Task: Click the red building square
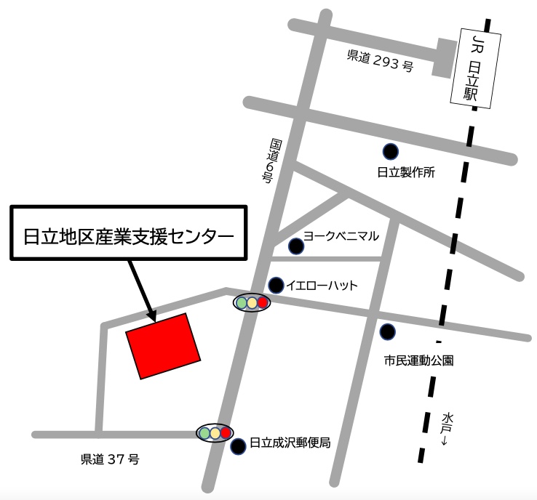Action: tap(163, 346)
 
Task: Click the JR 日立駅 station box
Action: tap(475, 67)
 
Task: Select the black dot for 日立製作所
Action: tap(391, 152)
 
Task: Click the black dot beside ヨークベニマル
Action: tap(295, 246)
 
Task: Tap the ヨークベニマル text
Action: tap(342, 235)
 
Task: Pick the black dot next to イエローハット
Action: tap(277, 285)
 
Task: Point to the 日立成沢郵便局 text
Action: tap(290, 442)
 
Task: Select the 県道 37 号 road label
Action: tap(109, 459)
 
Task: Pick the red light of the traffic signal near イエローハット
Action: tap(263, 302)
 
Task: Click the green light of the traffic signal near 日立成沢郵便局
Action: tap(204, 434)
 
